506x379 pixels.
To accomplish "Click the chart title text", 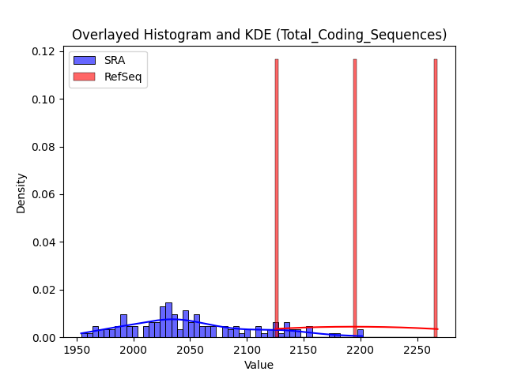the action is [x=259, y=35].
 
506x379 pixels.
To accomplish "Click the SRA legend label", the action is [x=115, y=60].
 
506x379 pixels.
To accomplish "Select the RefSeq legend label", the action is [x=123, y=77].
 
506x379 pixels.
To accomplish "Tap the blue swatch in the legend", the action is [x=85, y=60].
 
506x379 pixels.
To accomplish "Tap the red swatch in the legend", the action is [x=85, y=77].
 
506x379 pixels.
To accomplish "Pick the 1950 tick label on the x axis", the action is [x=77, y=350].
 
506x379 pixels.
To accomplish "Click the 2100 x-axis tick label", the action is [x=247, y=350].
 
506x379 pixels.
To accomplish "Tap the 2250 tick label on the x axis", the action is [x=417, y=350].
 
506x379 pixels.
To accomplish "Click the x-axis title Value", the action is [x=259, y=365].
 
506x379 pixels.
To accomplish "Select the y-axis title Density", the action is [x=21, y=193].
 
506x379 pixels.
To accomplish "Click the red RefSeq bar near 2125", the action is [x=277, y=198].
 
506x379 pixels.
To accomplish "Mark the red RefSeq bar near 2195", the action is [x=355, y=198].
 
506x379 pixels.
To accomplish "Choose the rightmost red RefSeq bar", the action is [x=436, y=198].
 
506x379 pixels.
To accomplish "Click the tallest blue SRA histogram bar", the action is [x=168, y=320].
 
